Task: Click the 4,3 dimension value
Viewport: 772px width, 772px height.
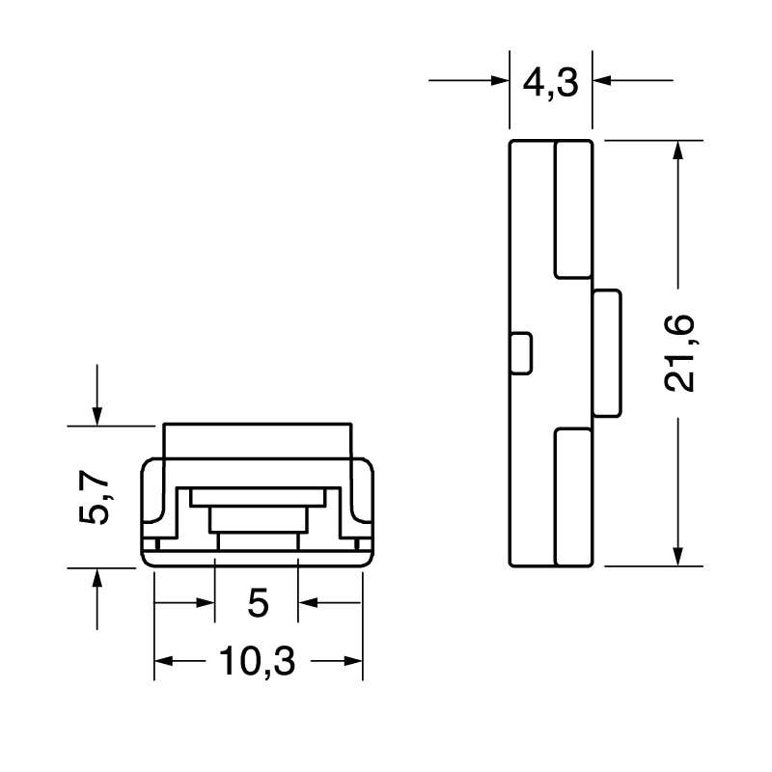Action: (549, 83)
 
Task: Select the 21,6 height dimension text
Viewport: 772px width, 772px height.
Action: (681, 353)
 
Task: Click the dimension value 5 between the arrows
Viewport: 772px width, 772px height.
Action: (257, 604)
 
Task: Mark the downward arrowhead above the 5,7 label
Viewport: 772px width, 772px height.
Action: (96, 414)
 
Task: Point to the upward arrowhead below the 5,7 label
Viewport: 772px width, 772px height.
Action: (96, 578)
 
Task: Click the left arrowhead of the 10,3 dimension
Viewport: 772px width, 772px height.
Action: (164, 662)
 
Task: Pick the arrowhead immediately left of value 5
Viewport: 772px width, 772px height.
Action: (204, 604)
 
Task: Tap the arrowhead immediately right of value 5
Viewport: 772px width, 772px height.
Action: (308, 604)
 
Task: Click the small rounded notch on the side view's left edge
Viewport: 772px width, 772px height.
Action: (520, 353)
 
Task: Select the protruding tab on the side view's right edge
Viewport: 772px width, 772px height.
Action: (607, 353)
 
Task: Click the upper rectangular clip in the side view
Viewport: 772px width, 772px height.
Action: (572, 209)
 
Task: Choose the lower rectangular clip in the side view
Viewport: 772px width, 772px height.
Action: (572, 497)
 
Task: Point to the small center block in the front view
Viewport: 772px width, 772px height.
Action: (257, 519)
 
